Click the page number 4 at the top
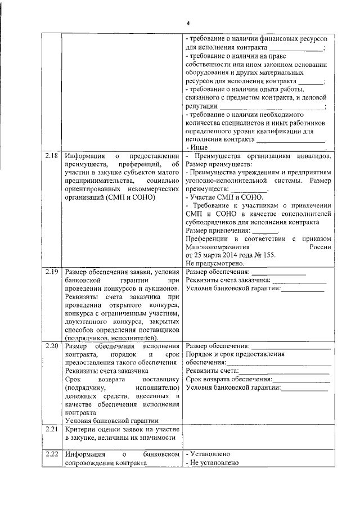189,22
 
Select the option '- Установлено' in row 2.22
208,454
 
